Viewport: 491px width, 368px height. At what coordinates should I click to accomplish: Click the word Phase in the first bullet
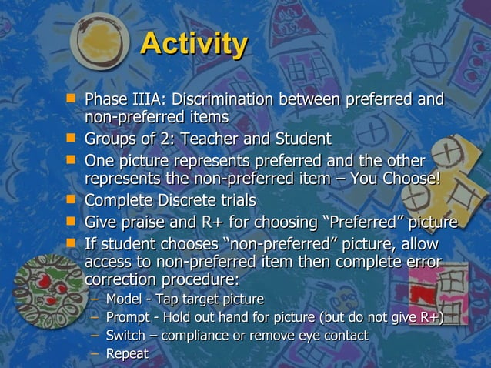click(x=105, y=100)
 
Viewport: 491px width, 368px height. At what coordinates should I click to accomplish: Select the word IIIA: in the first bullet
click(x=149, y=100)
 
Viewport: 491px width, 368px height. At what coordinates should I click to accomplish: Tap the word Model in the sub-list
click(x=122, y=299)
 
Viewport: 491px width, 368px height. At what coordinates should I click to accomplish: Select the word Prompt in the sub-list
click(x=127, y=317)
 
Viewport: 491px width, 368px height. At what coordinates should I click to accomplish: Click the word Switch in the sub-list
click(x=125, y=336)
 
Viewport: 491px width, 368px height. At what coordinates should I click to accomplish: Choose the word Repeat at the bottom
click(x=127, y=354)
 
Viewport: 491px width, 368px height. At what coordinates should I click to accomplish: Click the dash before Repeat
click(x=94, y=354)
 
